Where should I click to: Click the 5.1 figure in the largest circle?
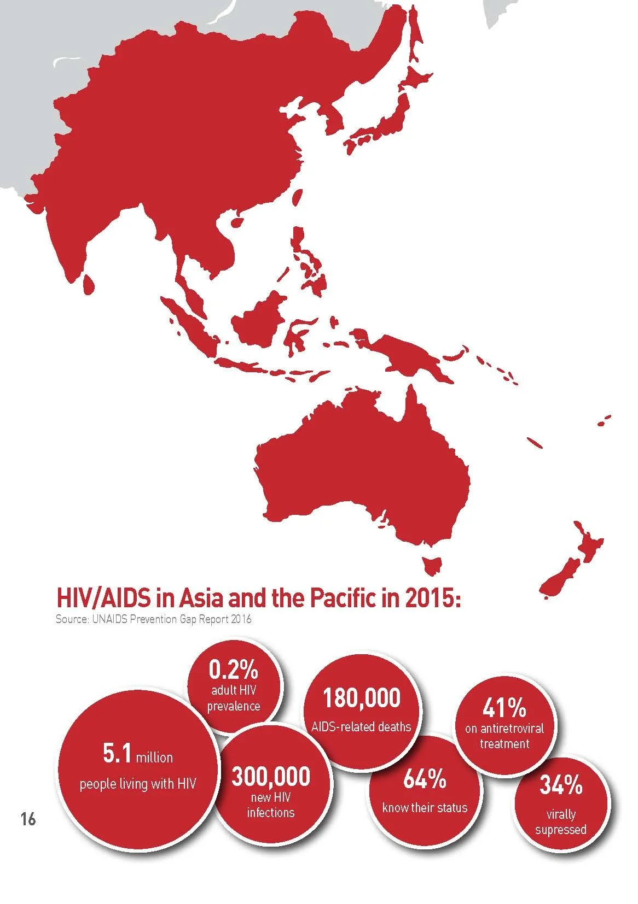point(117,755)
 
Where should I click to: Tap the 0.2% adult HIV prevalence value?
point(233,669)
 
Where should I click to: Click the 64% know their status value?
point(425,780)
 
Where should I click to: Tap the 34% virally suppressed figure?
point(561,785)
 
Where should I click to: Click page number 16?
point(28,819)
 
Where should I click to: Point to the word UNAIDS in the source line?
point(106,620)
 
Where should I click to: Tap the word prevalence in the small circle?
point(234,706)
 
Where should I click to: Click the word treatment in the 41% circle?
point(504,743)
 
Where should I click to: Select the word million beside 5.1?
point(154,758)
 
